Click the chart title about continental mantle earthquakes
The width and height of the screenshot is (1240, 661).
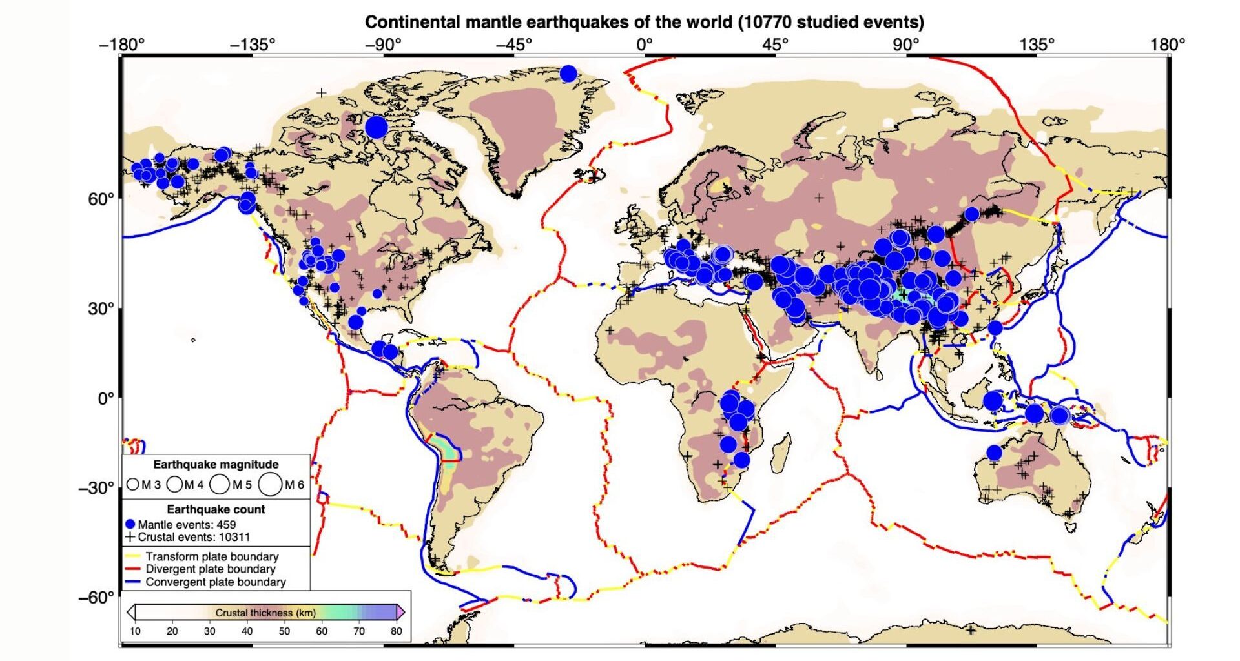pyautogui.click(x=644, y=22)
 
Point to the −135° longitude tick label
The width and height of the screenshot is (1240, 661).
pyautogui.click(x=253, y=45)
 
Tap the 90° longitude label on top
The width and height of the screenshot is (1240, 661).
pyautogui.click(x=906, y=45)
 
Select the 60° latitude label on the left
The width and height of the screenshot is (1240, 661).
pyautogui.click(x=101, y=199)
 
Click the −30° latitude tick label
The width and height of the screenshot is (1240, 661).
pyautogui.click(x=96, y=488)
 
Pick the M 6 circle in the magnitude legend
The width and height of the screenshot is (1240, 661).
pyautogui.click(x=271, y=484)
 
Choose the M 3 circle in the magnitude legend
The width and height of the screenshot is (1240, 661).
pyautogui.click(x=133, y=484)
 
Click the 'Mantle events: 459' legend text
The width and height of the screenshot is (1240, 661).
pyautogui.click(x=187, y=524)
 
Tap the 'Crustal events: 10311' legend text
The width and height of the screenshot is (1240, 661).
pyautogui.click(x=194, y=536)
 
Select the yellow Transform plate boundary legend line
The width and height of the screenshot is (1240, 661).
pyautogui.click(x=132, y=556)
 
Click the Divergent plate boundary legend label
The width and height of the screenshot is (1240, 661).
pyautogui.click(x=210, y=569)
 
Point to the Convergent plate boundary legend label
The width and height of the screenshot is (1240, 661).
pyautogui.click(x=215, y=582)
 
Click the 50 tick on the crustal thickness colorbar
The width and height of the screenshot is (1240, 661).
pyautogui.click(x=284, y=631)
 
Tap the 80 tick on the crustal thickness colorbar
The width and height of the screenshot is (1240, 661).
pyautogui.click(x=396, y=631)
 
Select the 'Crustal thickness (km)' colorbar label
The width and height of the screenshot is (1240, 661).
pyautogui.click(x=265, y=613)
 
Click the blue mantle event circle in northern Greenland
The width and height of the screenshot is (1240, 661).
pyautogui.click(x=568, y=74)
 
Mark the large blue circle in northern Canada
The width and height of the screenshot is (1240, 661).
pyautogui.click(x=377, y=127)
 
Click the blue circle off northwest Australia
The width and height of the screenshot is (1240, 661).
pyautogui.click(x=994, y=453)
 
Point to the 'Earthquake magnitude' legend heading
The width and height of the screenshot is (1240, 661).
pyautogui.click(x=216, y=464)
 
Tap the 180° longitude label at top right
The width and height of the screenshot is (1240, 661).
pyautogui.click(x=1168, y=45)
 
